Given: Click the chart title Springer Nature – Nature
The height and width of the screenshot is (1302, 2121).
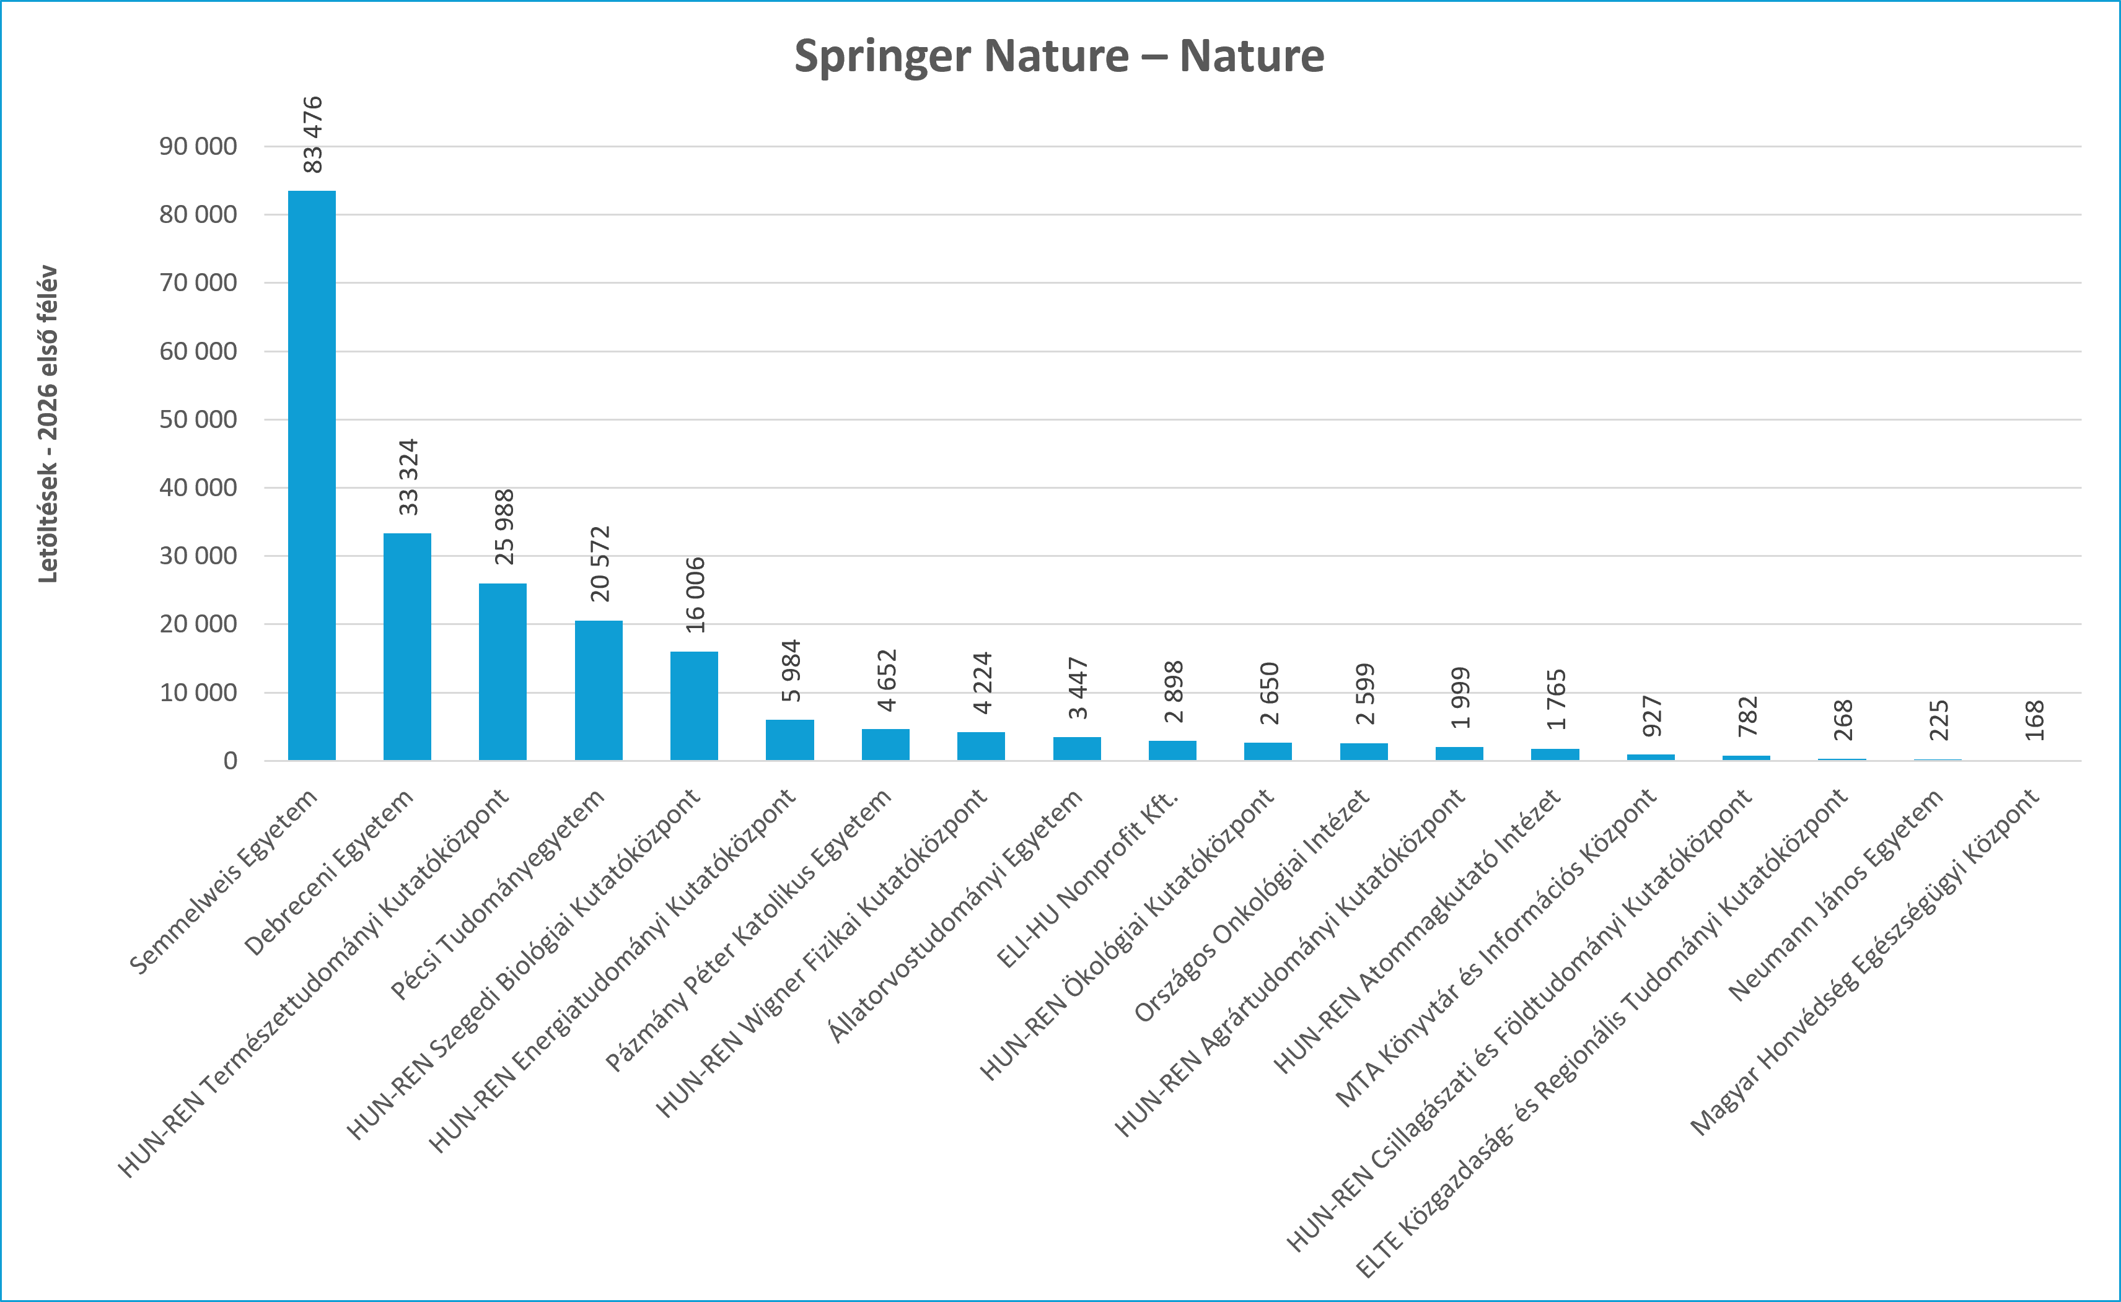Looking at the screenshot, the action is point(1059,56).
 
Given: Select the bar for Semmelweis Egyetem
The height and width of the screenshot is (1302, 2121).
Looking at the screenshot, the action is point(312,475).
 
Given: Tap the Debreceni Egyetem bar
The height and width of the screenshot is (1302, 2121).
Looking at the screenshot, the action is point(407,647).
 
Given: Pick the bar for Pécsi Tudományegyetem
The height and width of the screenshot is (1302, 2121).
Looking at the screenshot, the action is point(599,691).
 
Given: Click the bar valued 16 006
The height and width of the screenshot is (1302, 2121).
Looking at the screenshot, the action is point(694,706).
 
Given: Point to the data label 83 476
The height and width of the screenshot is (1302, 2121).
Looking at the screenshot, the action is point(312,134).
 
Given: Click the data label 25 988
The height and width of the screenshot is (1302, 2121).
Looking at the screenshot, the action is point(504,527).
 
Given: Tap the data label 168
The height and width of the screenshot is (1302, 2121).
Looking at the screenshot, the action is point(2034,721).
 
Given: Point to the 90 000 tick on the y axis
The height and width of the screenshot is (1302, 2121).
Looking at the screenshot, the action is point(198,146).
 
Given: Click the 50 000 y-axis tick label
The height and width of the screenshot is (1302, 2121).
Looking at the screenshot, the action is point(198,419).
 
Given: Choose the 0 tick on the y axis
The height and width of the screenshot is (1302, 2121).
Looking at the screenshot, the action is point(230,761).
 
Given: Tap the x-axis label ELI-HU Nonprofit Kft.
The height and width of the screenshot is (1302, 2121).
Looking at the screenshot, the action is point(1087,878).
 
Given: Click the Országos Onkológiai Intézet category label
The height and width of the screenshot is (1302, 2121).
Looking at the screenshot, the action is point(1251,905).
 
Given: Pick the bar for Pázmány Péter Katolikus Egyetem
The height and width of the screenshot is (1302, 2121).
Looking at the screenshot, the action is point(885,745).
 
